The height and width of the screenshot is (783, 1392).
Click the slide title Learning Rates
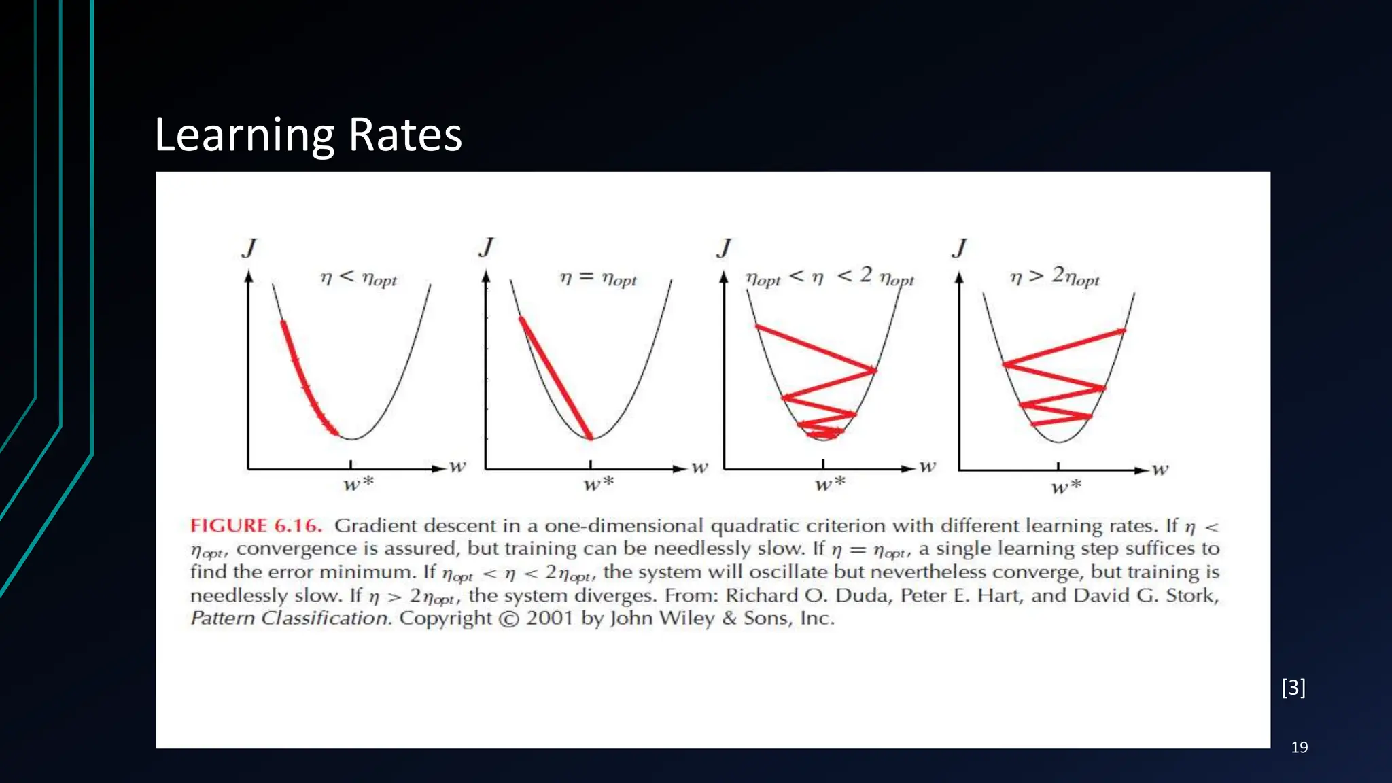coord(308,135)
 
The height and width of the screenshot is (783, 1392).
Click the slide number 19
coord(1299,748)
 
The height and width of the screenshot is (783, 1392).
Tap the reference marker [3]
coord(1293,688)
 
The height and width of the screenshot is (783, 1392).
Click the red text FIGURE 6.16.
coord(256,525)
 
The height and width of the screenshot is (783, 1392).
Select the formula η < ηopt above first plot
coord(358,278)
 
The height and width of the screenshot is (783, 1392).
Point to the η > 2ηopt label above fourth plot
coord(1054,277)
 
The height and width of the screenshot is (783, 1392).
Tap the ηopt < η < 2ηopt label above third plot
coord(829,277)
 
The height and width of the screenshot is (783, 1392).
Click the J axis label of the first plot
coord(249,248)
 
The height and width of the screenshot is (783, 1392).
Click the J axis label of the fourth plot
coord(959,248)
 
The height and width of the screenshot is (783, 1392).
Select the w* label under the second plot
coord(598,484)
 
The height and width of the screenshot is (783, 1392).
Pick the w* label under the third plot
coord(830,484)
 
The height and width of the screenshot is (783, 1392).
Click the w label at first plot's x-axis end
coord(457,466)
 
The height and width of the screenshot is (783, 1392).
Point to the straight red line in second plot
coord(556,378)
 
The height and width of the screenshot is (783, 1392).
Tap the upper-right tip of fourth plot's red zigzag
coord(1124,331)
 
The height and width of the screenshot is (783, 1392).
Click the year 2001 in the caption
coord(550,619)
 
